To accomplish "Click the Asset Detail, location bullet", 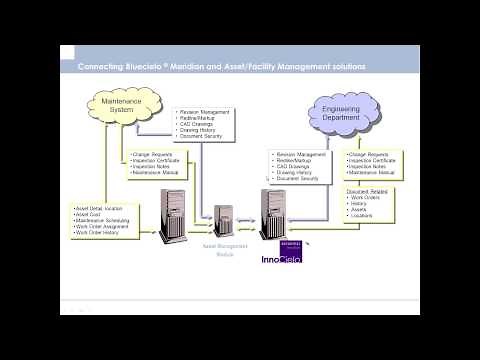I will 99,208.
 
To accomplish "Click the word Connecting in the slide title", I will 104,67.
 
